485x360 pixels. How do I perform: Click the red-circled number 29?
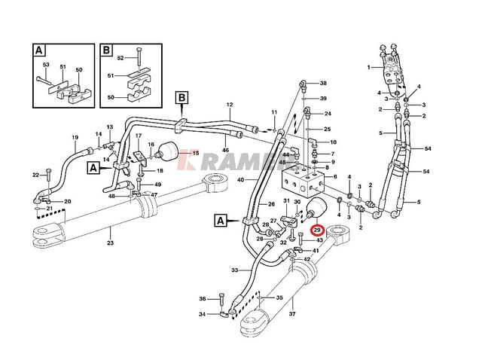[317, 230]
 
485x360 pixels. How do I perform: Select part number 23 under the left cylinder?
[111, 242]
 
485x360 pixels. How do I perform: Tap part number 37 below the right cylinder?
[293, 314]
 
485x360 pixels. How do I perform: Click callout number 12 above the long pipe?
[229, 105]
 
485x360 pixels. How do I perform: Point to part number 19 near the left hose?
[75, 137]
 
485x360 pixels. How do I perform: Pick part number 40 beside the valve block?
[241, 180]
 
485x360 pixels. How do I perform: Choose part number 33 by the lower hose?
[234, 270]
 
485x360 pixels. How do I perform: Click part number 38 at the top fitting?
[323, 83]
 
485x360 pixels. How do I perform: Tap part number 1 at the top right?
[369, 67]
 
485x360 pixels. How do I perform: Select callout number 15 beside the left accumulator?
[194, 154]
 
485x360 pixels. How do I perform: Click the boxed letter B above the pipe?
[181, 97]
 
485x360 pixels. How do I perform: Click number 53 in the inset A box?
[45, 65]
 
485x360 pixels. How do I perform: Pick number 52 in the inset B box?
[120, 58]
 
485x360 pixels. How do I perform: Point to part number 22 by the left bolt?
[35, 175]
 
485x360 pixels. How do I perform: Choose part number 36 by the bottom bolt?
[203, 298]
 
